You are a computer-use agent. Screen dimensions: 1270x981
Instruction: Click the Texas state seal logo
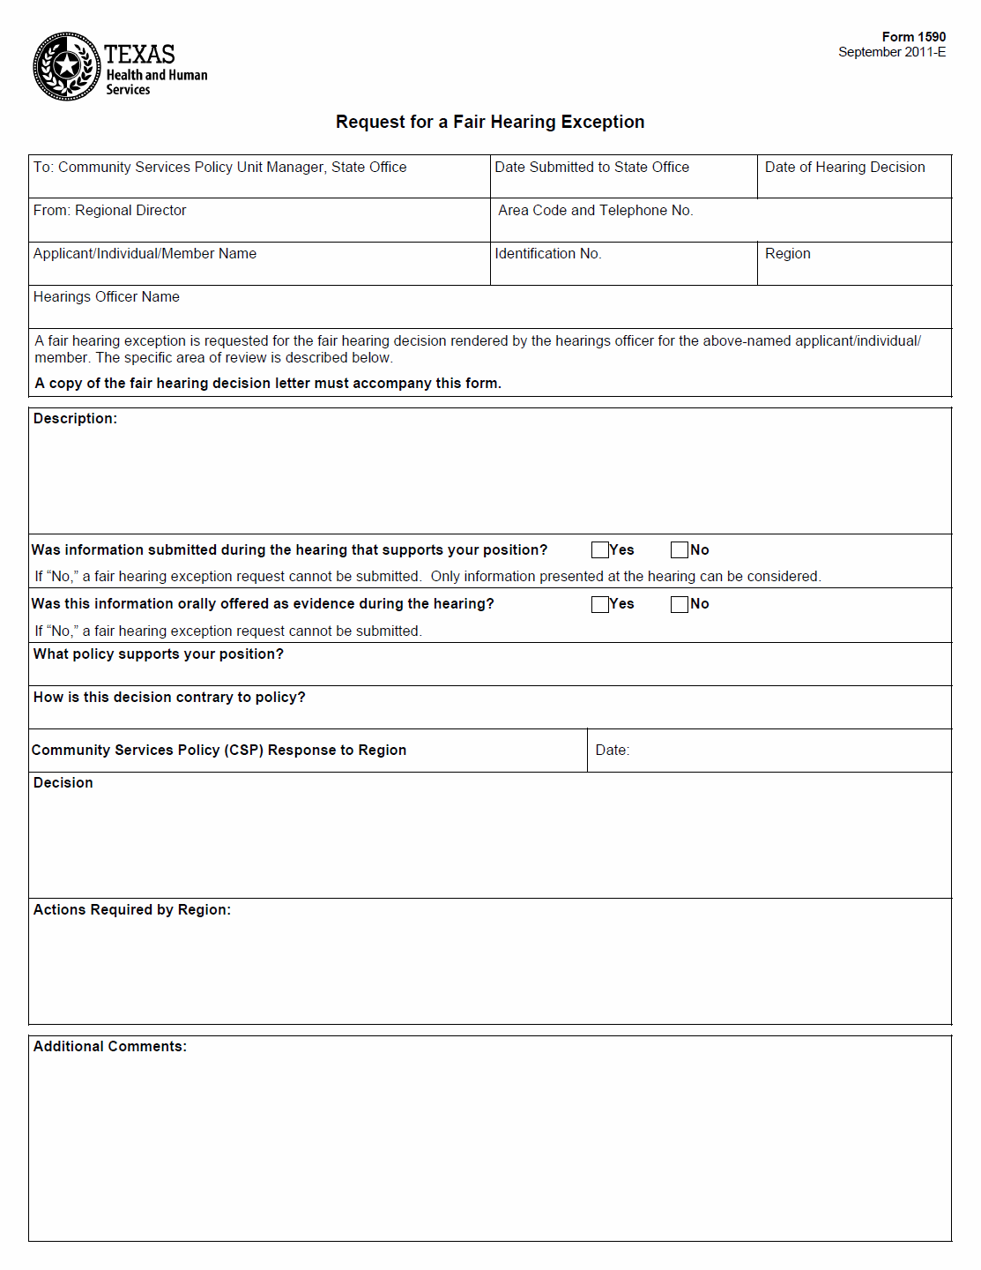point(66,67)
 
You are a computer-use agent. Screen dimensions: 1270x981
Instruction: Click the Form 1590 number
point(913,37)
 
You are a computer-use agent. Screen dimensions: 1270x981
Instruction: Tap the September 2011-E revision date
point(892,52)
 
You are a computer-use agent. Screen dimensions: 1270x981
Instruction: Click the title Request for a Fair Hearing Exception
point(490,122)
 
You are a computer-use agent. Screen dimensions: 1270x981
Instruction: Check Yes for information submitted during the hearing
point(600,550)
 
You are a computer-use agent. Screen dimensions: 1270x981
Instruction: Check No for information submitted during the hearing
point(680,550)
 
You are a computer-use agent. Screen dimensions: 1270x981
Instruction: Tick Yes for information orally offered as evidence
point(600,604)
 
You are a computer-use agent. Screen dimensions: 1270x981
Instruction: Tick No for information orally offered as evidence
point(680,604)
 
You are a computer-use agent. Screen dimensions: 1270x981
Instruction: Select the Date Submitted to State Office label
point(591,168)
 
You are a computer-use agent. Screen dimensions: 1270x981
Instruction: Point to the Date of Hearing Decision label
point(844,168)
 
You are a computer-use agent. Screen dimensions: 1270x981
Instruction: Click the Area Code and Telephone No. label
point(595,211)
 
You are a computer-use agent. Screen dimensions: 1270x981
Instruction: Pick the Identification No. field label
point(547,254)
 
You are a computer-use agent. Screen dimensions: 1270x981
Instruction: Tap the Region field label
point(787,254)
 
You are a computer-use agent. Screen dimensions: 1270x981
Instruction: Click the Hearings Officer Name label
point(107,297)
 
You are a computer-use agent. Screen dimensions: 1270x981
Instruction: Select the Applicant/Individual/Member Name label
point(145,254)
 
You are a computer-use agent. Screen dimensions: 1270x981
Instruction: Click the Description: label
point(75,419)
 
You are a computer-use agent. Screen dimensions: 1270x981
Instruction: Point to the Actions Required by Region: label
point(132,910)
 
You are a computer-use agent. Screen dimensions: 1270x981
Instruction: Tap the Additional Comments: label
point(110,1047)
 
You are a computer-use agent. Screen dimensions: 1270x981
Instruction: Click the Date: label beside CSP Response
point(612,751)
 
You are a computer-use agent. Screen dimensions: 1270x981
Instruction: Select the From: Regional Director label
point(110,211)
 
